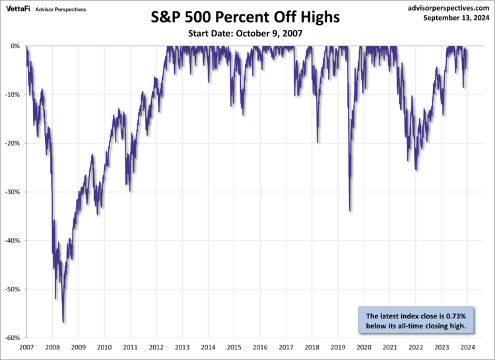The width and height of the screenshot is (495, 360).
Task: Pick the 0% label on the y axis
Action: tap(16, 46)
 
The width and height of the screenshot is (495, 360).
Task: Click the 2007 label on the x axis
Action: tap(27, 347)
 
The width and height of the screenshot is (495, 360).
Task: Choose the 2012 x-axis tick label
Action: tap(156, 347)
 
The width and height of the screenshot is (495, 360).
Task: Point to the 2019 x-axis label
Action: tap(338, 347)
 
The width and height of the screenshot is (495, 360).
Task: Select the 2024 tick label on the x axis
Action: tap(467, 347)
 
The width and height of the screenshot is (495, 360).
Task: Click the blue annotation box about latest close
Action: tap(416, 320)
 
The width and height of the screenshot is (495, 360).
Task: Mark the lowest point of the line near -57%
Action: tap(63, 322)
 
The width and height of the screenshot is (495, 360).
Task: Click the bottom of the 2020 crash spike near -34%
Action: tap(349, 211)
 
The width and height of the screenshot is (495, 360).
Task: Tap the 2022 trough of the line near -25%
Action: tap(416, 170)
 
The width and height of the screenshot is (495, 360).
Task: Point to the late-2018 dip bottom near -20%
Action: tap(317, 142)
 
